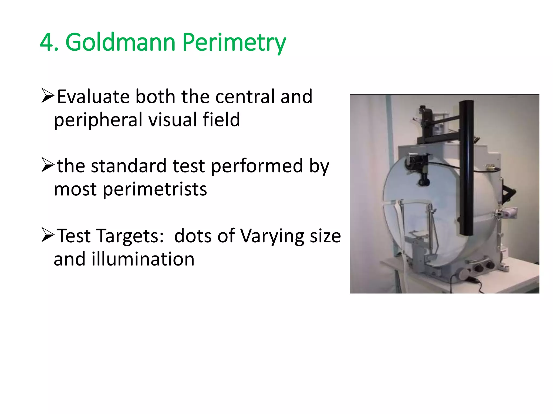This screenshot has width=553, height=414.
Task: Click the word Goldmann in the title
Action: [120, 42]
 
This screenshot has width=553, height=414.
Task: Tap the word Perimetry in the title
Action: [234, 42]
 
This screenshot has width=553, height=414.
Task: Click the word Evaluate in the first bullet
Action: [93, 96]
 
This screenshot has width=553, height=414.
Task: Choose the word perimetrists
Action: [155, 189]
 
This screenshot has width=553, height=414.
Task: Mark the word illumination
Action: [143, 259]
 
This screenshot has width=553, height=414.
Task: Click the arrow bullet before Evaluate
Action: [48, 96]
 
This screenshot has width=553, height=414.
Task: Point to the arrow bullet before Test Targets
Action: [48, 235]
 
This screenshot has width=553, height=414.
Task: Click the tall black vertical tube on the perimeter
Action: [467, 167]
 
